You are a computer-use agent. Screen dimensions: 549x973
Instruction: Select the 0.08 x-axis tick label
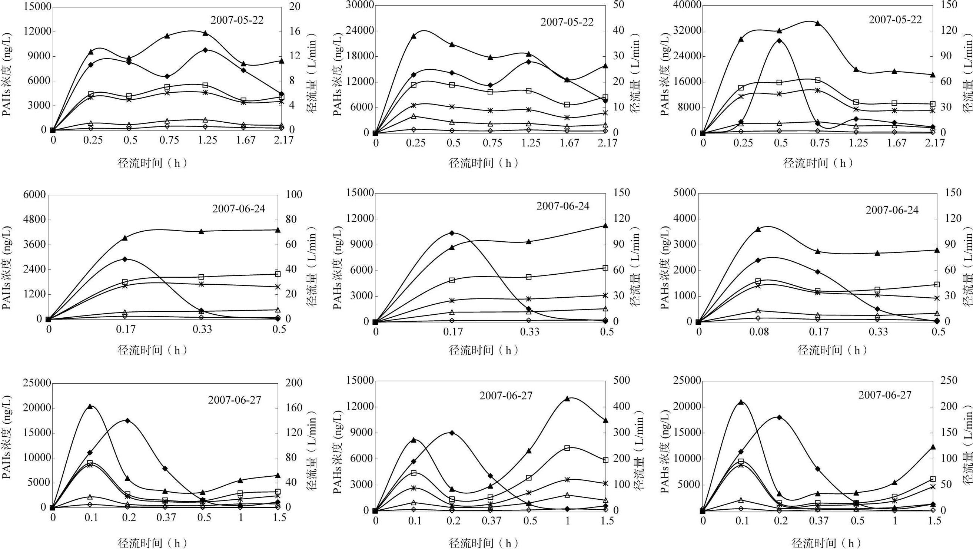point(757,332)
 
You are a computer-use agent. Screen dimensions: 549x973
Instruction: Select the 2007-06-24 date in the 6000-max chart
point(239,209)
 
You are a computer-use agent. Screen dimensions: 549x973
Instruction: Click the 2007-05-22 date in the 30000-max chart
point(567,22)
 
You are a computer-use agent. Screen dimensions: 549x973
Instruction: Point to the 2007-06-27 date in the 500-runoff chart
point(506,396)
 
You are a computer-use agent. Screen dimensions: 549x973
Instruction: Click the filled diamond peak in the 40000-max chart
point(779,41)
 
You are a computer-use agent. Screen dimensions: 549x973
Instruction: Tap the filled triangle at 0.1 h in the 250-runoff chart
point(741,402)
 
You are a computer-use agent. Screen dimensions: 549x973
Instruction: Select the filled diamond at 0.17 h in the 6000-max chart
point(125,259)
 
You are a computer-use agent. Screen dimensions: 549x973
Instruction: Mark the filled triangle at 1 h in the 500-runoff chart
point(567,398)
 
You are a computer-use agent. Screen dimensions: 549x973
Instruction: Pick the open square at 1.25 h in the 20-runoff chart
point(206,85)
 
